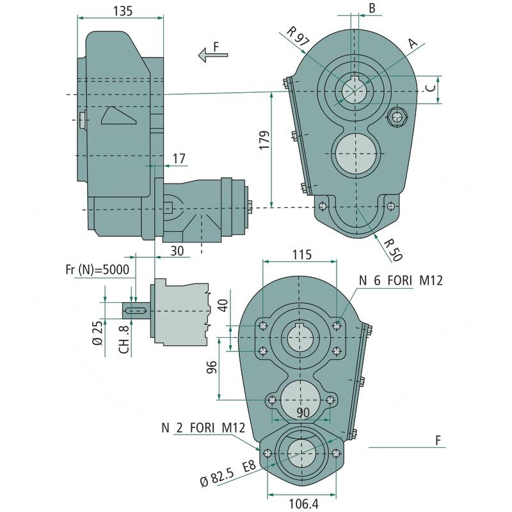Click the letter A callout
point(413,44)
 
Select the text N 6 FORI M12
point(400,280)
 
